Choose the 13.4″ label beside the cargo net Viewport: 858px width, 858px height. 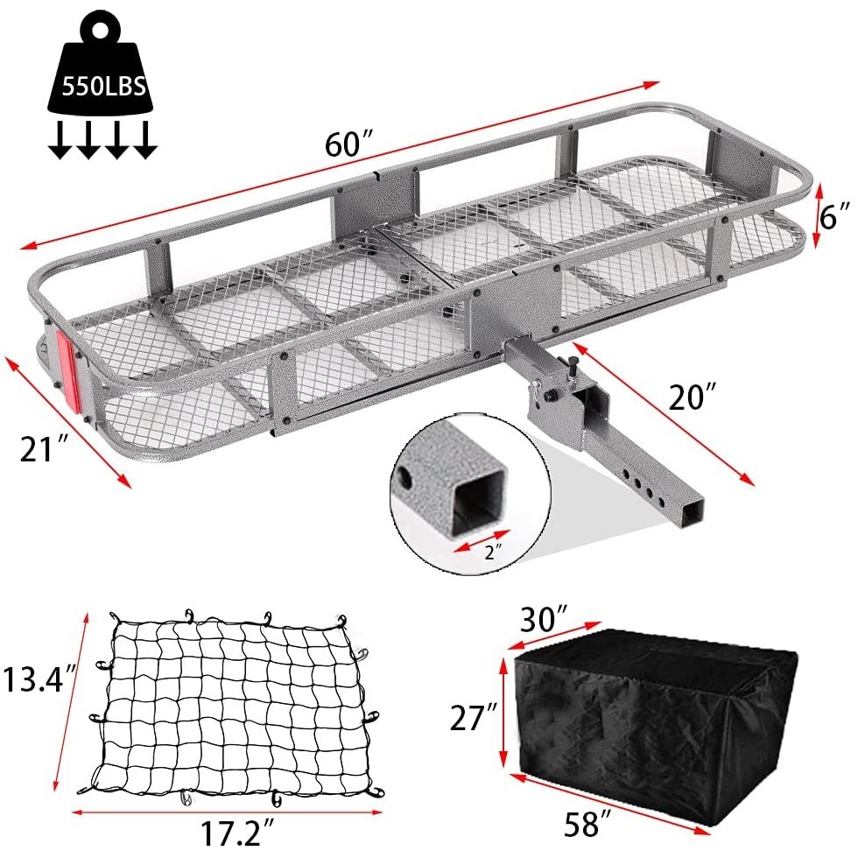click(35, 679)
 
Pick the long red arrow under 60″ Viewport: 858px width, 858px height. click(341, 166)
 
